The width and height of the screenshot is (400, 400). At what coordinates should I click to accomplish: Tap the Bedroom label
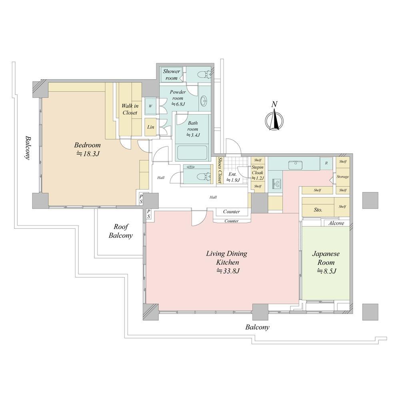87,145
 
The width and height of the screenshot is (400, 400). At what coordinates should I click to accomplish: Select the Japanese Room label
326,258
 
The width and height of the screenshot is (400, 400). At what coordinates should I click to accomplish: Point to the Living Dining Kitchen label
226,258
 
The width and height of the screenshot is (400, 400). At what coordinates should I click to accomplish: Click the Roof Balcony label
121,231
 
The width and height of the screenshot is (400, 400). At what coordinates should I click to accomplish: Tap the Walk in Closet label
130,109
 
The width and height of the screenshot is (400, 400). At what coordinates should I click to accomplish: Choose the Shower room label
172,74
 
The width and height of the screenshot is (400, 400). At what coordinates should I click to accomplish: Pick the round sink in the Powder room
204,101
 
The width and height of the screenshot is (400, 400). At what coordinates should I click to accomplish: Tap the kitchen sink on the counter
296,165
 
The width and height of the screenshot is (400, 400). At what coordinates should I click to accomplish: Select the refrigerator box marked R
326,163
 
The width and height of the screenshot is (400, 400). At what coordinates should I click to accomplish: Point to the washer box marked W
150,106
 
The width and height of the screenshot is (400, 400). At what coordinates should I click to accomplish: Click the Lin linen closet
150,127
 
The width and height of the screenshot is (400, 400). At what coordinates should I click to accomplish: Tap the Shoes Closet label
219,170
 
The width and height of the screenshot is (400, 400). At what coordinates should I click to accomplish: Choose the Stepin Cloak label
257,173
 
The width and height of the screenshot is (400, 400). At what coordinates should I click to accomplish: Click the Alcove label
336,223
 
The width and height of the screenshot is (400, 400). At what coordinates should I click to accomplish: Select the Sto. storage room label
318,210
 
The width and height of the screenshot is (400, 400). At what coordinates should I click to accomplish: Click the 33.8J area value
228,271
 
